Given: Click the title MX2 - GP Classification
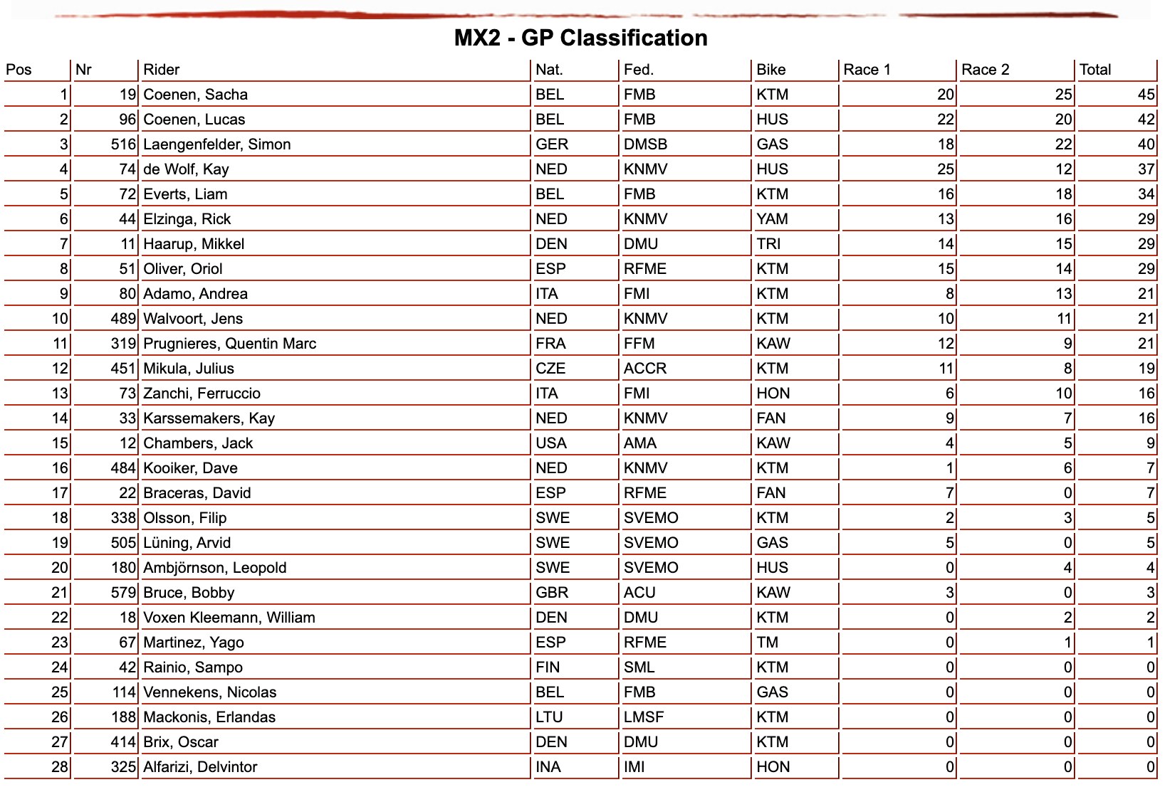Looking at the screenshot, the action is point(580,38).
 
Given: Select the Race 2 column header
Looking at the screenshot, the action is point(985,70).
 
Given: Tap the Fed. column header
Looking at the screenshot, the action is point(639,70).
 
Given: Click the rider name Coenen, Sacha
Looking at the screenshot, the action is point(196,95).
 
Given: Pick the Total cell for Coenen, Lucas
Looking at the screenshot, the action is point(1146,120).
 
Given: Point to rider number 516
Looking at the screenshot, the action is point(123,144).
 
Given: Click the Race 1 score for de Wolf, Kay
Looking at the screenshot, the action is point(946,169).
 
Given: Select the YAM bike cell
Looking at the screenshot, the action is point(773,219).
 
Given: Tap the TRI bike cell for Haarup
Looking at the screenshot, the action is point(768,244).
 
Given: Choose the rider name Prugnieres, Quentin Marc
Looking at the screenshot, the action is point(230,344).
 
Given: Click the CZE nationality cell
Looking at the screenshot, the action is point(550,369).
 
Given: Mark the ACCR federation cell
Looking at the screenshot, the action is point(645,369).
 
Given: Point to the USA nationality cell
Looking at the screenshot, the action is point(551,443).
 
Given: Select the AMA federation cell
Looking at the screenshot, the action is point(640,443).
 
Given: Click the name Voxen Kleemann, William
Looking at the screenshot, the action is point(229,618).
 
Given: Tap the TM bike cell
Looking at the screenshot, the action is point(767,643).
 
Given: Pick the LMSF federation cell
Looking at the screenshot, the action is point(644,717).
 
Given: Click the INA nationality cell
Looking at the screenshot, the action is point(548,767).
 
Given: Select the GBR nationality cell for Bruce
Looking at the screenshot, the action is point(552,593).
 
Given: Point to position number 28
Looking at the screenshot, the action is point(60,767).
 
